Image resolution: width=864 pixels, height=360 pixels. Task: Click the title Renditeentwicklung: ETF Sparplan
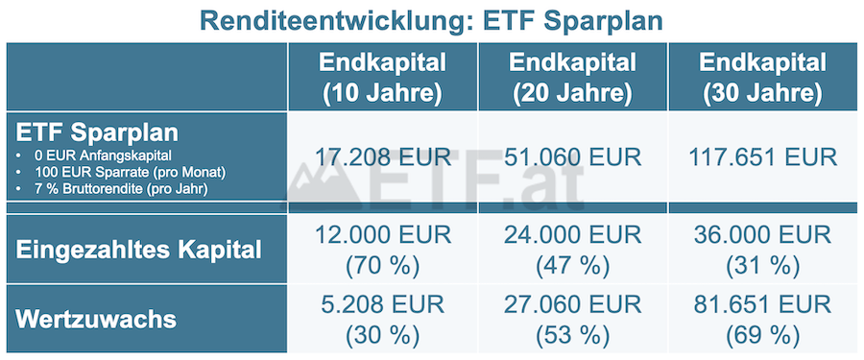tap(431, 20)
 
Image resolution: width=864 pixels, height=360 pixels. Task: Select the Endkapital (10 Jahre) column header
tap(382, 79)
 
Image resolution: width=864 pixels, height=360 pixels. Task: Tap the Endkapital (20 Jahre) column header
tap(572, 79)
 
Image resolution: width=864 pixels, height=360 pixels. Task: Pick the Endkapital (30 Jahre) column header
tap(762, 79)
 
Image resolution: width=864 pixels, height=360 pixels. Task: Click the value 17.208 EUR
tap(382, 156)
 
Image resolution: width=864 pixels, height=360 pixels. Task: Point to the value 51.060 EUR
tap(572, 156)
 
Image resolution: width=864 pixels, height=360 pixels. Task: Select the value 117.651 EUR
tap(762, 156)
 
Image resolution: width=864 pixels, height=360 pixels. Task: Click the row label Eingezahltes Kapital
tap(140, 250)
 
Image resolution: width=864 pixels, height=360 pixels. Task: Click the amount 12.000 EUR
tap(382, 235)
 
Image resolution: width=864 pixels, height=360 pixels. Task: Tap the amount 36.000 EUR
tap(762, 235)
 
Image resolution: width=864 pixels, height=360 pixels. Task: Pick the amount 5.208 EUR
tap(382, 304)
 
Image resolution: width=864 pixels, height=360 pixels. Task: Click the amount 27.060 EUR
tap(572, 304)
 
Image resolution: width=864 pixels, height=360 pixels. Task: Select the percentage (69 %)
tap(762, 335)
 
